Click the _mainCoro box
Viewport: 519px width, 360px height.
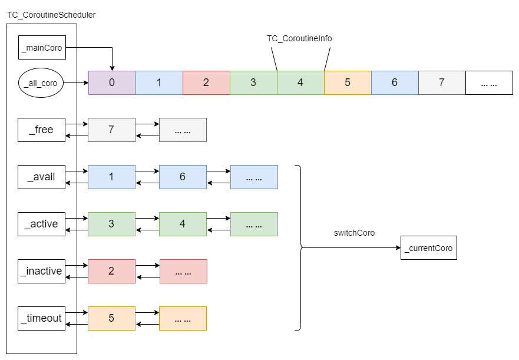point(41,48)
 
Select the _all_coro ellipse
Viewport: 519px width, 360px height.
point(41,83)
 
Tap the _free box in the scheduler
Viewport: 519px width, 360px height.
point(41,130)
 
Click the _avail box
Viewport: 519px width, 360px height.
point(41,177)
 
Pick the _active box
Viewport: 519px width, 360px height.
point(41,224)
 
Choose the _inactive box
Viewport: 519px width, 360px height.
point(41,271)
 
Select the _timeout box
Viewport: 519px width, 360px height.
point(41,318)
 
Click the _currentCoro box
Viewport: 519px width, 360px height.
point(428,248)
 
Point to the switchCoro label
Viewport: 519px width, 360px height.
point(354,233)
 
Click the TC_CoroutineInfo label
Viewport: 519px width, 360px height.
point(299,38)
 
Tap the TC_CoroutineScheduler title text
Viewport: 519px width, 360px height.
point(51,15)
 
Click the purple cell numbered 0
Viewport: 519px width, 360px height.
point(112,82)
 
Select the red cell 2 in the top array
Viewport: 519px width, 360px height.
point(206,82)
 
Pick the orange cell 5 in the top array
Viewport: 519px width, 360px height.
point(348,82)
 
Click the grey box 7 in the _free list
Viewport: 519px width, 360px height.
point(111,130)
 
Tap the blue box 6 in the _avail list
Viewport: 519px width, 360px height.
point(183,177)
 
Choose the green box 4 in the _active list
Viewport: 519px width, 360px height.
point(183,224)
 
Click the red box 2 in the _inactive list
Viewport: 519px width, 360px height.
point(111,271)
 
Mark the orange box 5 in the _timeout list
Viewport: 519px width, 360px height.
point(111,318)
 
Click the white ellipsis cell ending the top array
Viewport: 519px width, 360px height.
point(489,82)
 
